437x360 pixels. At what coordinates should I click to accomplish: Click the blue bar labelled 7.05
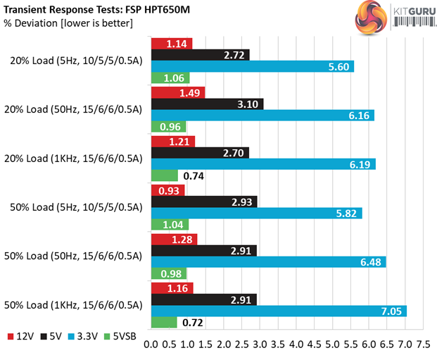click(279, 311)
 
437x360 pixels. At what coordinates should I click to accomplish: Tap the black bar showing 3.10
click(207, 104)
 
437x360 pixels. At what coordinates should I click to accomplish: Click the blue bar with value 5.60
click(252, 66)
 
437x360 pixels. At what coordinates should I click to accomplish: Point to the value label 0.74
click(194, 176)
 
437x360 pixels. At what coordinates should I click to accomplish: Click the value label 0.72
click(194, 323)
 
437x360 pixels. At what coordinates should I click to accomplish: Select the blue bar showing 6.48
click(268, 262)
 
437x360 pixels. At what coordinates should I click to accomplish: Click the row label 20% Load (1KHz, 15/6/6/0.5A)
click(76, 159)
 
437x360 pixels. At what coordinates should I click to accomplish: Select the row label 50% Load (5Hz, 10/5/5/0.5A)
click(76, 207)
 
